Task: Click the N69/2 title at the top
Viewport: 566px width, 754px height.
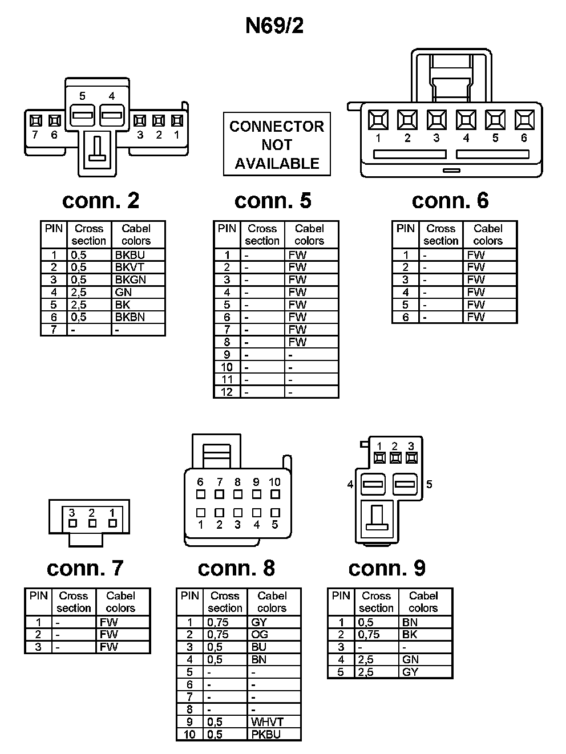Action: pos(274,26)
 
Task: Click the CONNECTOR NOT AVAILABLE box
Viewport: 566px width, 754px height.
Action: pos(277,144)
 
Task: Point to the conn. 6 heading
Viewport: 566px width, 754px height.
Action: pos(450,200)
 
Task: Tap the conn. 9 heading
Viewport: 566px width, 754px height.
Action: pos(387,568)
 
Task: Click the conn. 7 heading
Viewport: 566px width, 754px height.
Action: pos(85,568)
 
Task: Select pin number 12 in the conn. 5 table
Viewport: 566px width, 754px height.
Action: pos(227,392)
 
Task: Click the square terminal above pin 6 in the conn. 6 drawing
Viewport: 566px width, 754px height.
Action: pos(524,120)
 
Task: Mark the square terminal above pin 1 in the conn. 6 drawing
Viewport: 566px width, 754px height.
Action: pos(378,120)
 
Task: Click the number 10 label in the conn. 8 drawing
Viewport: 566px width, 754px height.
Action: pos(274,482)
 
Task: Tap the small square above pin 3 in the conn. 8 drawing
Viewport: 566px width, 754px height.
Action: pos(238,513)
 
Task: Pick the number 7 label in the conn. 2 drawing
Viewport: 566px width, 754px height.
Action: pos(35,135)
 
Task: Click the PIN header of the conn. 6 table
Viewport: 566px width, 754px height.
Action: pos(405,229)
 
